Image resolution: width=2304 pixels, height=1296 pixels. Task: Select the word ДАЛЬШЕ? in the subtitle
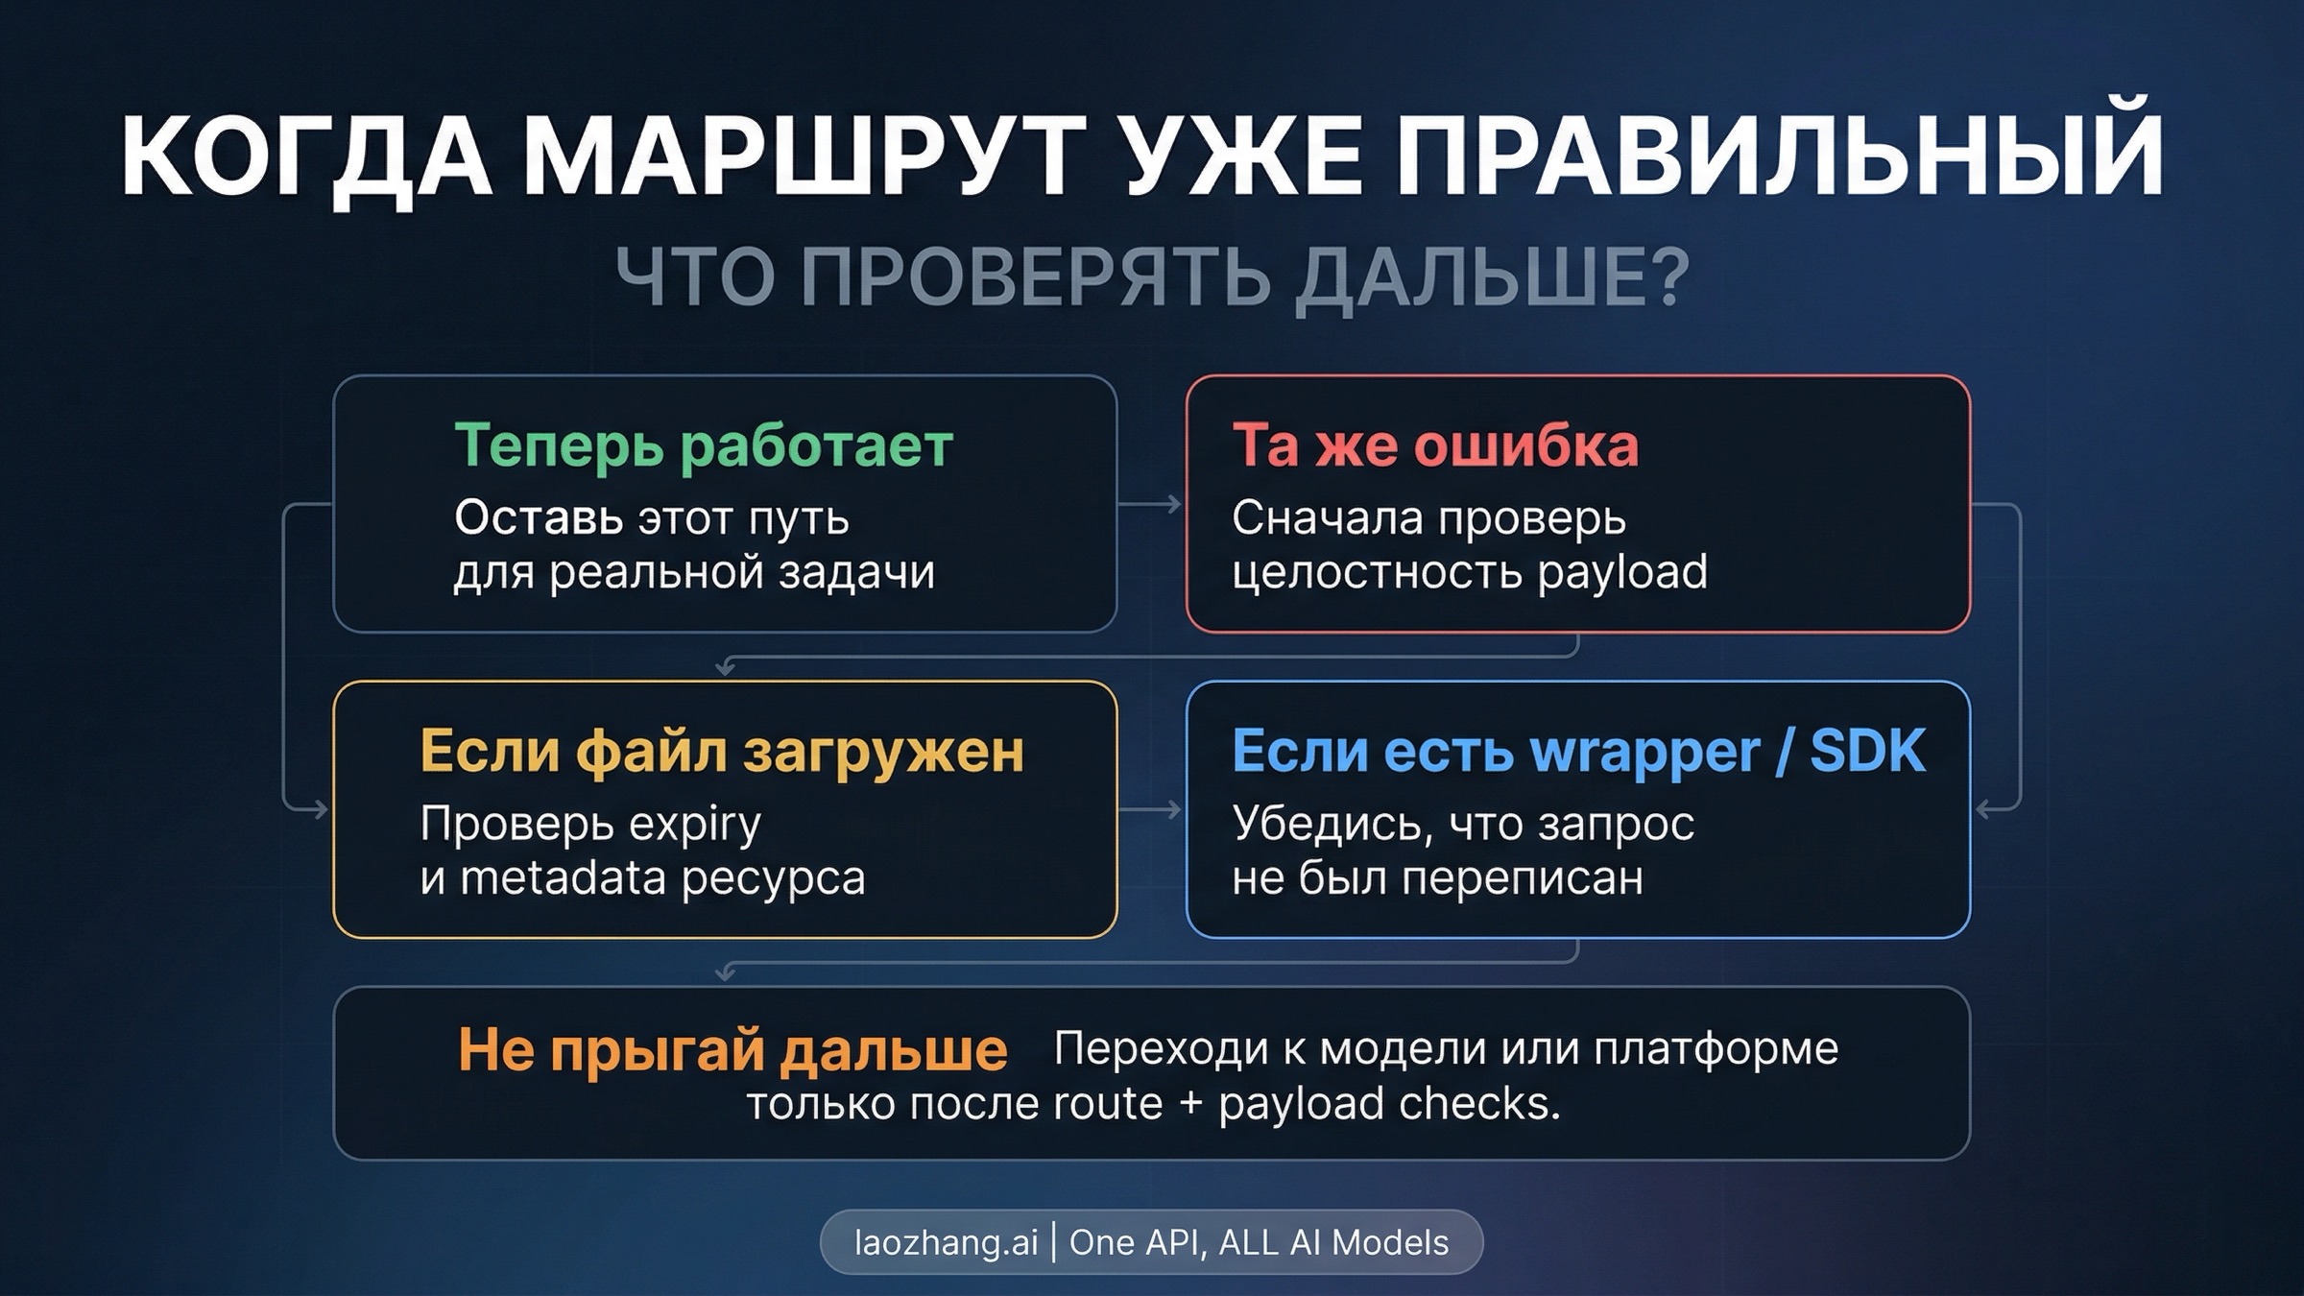[x=1492, y=278]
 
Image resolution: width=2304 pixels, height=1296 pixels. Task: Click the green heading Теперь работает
[x=704, y=446]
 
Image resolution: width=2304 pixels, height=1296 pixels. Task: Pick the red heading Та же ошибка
[x=1435, y=446]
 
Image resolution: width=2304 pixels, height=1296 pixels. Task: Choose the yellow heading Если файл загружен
[x=722, y=752]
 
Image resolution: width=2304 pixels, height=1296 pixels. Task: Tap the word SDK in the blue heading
[x=1867, y=752]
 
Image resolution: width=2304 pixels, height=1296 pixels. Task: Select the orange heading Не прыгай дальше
[x=732, y=1049]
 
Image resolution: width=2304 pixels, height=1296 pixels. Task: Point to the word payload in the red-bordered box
[x=1622, y=573]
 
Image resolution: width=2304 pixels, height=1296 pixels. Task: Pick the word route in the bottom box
[x=1108, y=1104]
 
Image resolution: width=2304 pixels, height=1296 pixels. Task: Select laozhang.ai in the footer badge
[x=946, y=1242]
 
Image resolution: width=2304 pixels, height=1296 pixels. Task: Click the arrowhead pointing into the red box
[x=1174, y=504]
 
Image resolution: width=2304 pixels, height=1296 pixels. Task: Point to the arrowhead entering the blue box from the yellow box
[x=1174, y=810]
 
